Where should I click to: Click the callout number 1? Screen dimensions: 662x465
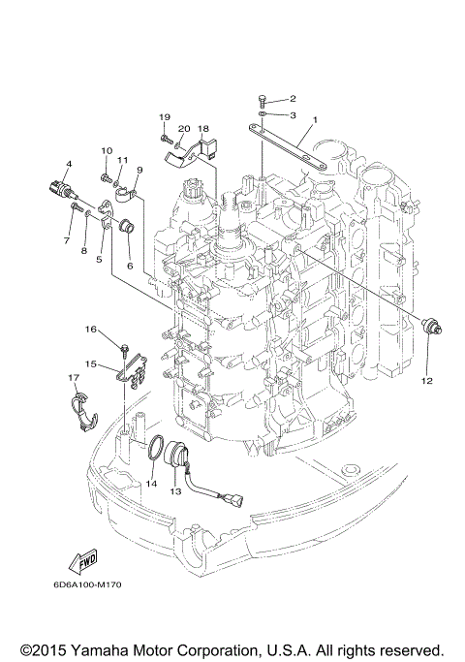(x=313, y=120)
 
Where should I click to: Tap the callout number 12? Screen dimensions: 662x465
(x=426, y=381)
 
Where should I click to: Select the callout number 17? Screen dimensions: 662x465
(x=74, y=376)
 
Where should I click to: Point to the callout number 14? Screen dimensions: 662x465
(x=150, y=482)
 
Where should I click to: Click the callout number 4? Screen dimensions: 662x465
(x=69, y=163)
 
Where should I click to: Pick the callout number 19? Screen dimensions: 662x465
(x=165, y=117)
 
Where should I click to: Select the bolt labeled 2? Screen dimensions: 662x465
(x=263, y=99)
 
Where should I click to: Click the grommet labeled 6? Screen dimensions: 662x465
(x=124, y=229)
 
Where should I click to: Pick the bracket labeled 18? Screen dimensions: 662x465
(x=202, y=149)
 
